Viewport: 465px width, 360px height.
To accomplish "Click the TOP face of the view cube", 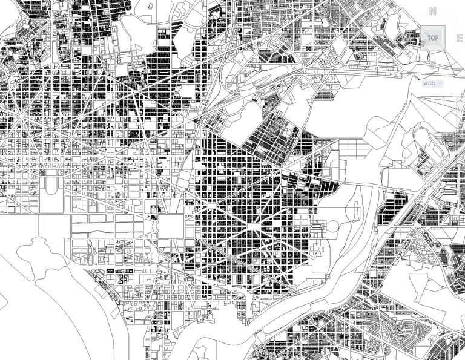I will (432, 38).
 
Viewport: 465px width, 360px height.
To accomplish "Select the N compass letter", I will (432, 10).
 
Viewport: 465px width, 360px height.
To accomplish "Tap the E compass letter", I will (460, 38).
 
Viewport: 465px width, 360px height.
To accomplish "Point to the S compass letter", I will (433, 64).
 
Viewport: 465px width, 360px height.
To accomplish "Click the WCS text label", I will (429, 83).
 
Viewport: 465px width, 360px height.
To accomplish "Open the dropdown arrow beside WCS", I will (440, 83).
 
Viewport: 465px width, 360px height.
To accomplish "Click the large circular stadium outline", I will (333, 227).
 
